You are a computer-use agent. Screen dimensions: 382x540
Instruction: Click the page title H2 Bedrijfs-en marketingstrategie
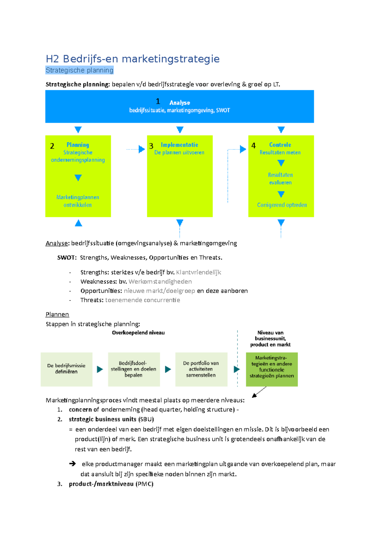tap(132, 59)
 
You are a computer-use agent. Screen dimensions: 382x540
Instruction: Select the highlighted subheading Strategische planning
tap(79, 70)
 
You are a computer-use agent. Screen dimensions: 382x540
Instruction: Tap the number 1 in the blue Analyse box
tap(158, 101)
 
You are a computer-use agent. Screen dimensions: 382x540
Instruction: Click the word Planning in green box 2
tap(78, 145)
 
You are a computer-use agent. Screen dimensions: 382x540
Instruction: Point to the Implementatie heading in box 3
tap(179, 145)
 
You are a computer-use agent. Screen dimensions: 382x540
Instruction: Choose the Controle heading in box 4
tap(280, 145)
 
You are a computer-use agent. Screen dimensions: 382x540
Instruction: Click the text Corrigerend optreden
tap(282, 205)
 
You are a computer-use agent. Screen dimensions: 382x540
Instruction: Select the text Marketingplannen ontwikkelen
tap(78, 201)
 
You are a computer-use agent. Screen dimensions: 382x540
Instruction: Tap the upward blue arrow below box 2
tap(78, 223)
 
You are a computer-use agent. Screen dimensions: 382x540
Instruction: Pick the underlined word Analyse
tap(57, 243)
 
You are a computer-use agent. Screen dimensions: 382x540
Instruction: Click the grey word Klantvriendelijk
tap(198, 272)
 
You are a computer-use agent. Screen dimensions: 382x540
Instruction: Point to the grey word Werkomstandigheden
tap(160, 281)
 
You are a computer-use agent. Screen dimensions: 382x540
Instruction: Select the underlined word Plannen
tap(57, 314)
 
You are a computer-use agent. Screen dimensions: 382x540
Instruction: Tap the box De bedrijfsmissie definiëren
tap(67, 369)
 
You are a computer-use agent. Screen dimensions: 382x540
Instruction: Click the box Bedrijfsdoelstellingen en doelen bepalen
tap(134, 369)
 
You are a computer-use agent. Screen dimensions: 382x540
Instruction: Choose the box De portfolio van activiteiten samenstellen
tap(201, 369)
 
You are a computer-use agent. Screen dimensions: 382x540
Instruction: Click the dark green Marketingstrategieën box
tap(272, 369)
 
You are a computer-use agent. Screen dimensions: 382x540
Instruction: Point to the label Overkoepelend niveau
tap(138, 333)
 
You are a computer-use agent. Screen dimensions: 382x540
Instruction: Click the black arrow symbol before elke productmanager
tap(73, 464)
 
